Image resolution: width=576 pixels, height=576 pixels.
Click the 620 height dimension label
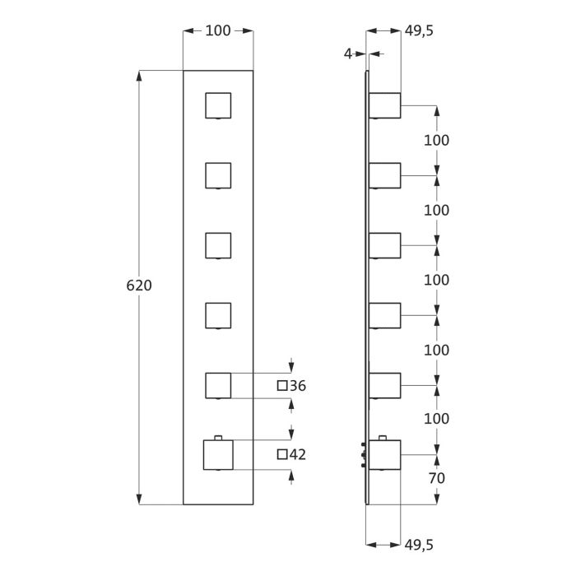[x=139, y=286]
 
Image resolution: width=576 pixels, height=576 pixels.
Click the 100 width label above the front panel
[x=218, y=30]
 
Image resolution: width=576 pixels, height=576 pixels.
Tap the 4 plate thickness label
[x=347, y=54]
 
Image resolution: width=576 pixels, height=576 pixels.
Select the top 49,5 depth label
[x=419, y=31]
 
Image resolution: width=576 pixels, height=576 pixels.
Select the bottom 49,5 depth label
[x=419, y=545]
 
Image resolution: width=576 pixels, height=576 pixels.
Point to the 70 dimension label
[x=436, y=478]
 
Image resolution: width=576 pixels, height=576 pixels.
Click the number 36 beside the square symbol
[x=298, y=386]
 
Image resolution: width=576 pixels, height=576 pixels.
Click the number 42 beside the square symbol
[x=298, y=454]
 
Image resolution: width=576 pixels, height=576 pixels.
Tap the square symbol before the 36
[x=282, y=386]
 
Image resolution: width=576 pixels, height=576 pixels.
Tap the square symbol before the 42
[x=282, y=454]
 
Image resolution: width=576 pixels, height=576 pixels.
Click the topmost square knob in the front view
[x=218, y=105]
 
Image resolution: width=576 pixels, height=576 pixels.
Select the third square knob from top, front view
[x=218, y=245]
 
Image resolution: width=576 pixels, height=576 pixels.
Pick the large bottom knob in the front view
[x=218, y=455]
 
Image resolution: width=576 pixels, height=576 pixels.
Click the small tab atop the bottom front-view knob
[x=218, y=438]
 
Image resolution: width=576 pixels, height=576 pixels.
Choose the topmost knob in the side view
[x=384, y=105]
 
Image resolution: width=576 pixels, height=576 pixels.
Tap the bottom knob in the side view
[x=384, y=455]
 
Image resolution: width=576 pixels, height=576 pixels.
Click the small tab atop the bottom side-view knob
[x=383, y=438]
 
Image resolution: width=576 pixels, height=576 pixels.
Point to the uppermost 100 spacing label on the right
[x=436, y=141]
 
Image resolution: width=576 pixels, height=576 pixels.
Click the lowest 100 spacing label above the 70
[x=436, y=419]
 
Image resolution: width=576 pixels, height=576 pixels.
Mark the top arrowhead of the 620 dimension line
[x=139, y=76]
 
